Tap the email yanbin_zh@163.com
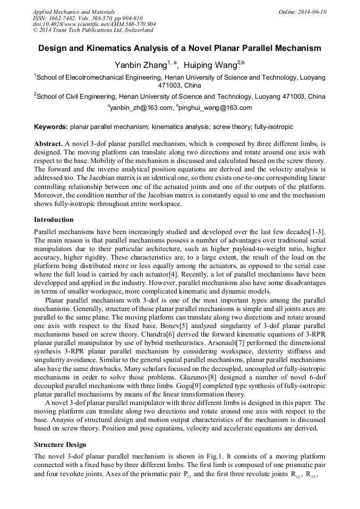141,108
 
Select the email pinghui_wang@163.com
216,108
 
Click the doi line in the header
94,24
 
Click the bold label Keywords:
51,127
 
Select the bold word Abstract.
48,144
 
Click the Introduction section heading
54,219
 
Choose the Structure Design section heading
60,444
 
